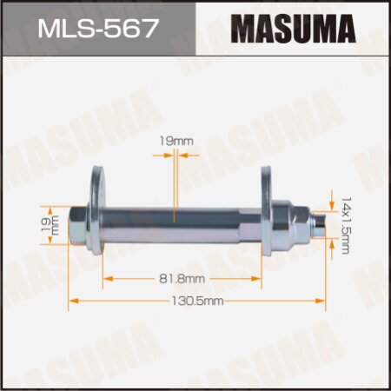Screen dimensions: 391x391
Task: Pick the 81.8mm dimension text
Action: pyautogui.click(x=182, y=278)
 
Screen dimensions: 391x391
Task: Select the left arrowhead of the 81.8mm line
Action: pyautogui.click(x=108, y=278)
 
